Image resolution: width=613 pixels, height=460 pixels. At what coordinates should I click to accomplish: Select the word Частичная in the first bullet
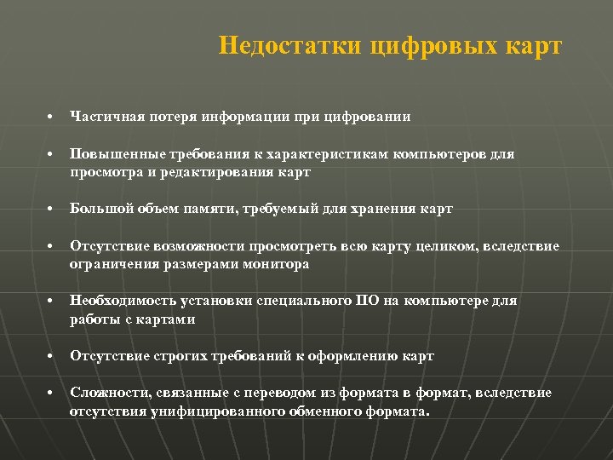point(104,117)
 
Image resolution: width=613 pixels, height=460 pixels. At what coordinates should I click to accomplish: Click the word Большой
point(97,209)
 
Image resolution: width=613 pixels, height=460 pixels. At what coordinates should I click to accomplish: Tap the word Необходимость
point(118,301)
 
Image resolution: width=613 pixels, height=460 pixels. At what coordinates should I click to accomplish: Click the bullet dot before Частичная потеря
point(51,118)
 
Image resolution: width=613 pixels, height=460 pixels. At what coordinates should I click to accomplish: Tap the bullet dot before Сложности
point(51,394)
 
